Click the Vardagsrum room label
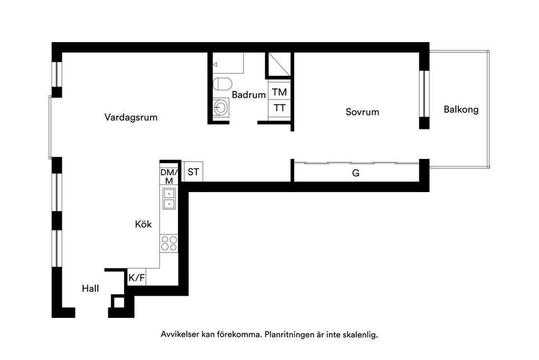(131, 118)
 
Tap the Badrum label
(248, 95)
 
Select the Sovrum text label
(362, 112)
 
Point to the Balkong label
(461, 110)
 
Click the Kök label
(143, 224)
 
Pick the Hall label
(90, 289)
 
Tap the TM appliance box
(280, 92)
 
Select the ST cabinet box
(193, 172)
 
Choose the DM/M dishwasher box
(169, 176)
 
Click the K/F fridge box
(136, 277)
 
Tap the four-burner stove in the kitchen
(169, 243)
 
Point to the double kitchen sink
(169, 198)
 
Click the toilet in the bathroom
(222, 85)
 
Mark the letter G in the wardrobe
(355, 174)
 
